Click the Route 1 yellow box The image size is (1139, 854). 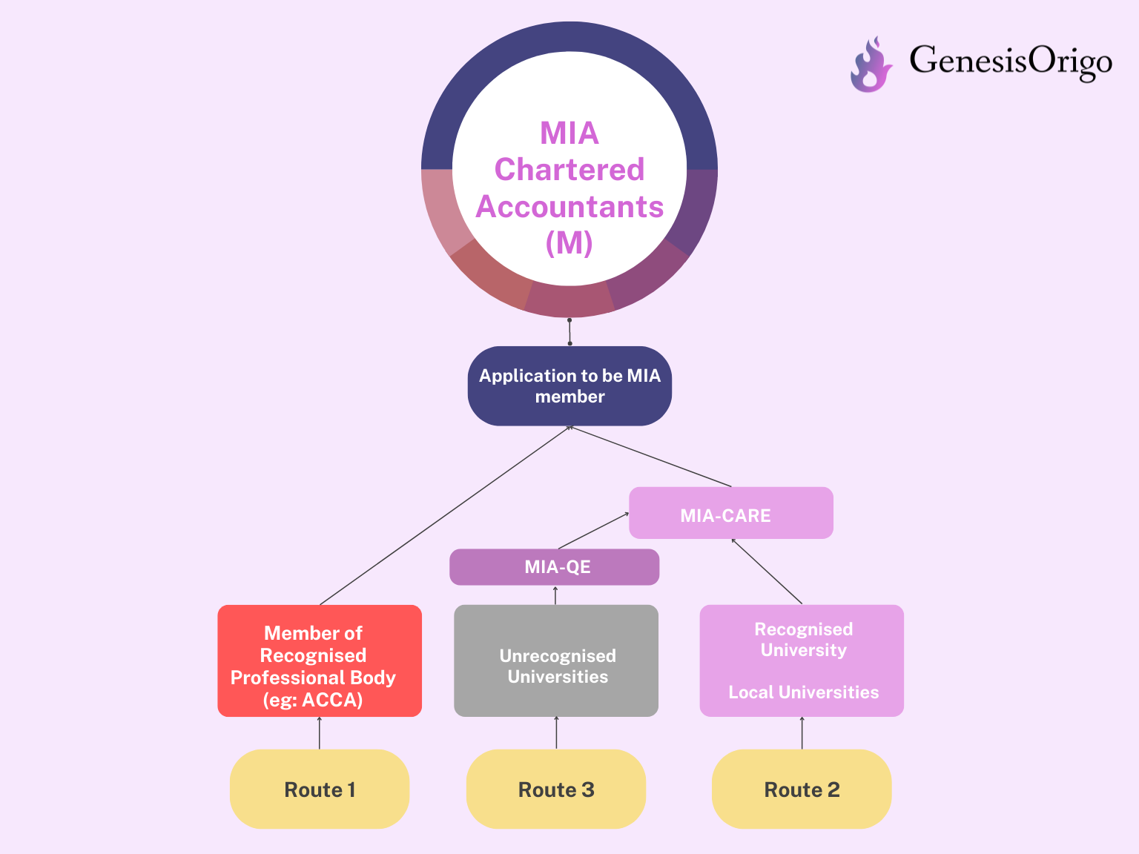click(x=319, y=789)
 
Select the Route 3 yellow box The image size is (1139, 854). click(x=555, y=789)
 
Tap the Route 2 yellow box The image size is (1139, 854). click(x=802, y=789)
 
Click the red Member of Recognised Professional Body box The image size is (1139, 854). click(x=320, y=661)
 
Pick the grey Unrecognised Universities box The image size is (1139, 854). click(x=555, y=661)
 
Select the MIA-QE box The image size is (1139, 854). click(x=554, y=567)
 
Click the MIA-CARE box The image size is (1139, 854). click(x=731, y=513)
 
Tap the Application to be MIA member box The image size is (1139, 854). click(x=569, y=385)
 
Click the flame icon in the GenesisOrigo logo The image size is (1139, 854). click(x=871, y=64)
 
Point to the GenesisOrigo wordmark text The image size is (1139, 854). click(x=1011, y=62)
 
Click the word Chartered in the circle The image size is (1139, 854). click(x=569, y=170)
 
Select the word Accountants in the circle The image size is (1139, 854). click(x=569, y=206)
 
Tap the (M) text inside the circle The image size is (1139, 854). click(x=569, y=242)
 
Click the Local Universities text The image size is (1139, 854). click(x=803, y=692)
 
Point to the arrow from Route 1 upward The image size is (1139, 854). click(x=319, y=732)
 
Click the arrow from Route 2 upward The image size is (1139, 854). click(x=802, y=732)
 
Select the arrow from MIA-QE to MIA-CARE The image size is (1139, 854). click(x=593, y=531)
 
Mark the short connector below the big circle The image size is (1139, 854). click(x=569, y=332)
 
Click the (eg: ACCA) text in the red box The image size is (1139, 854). click(x=313, y=700)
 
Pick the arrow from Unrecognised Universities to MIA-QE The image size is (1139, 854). click(x=555, y=595)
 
